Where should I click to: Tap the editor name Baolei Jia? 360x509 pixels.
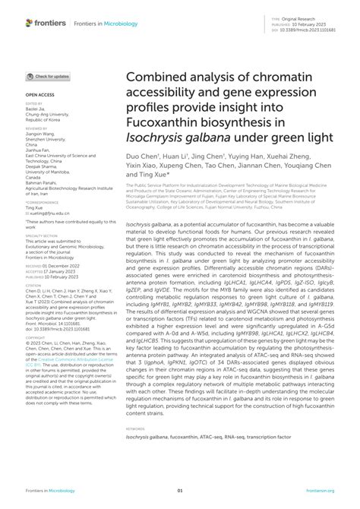(x=36, y=109)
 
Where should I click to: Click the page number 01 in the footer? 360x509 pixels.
(x=180, y=491)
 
